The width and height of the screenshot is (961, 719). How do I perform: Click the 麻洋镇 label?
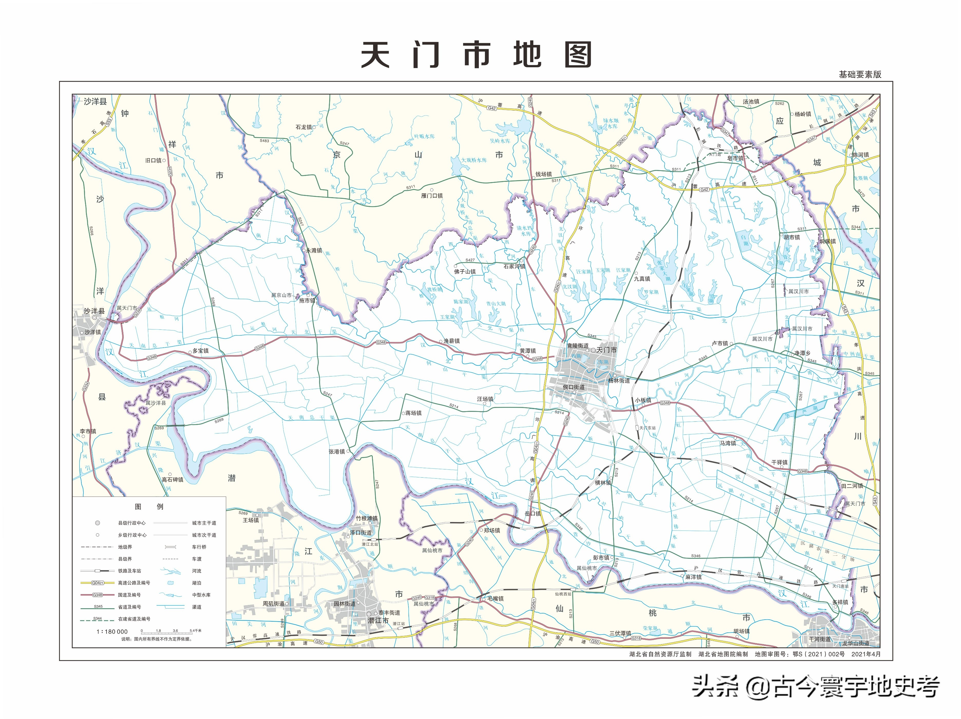click(x=693, y=577)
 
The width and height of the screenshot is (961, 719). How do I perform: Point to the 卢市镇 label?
click(x=720, y=343)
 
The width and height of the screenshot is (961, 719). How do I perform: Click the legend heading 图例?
click(x=149, y=507)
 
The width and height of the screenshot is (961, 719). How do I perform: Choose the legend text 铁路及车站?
click(x=129, y=571)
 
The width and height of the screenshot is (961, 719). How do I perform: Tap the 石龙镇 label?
click(x=304, y=127)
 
